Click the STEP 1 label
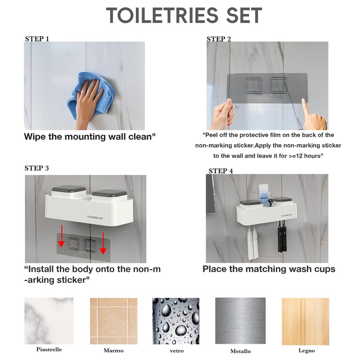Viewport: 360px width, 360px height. [x=37, y=39]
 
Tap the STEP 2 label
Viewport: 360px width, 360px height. [x=219, y=39]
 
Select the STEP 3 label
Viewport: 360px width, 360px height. [x=37, y=168]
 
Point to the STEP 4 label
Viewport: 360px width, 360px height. [x=220, y=171]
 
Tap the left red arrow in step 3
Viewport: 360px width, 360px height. [x=61, y=236]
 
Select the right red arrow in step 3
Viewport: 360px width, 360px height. [x=103, y=243]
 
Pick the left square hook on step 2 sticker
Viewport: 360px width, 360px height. [x=254, y=85]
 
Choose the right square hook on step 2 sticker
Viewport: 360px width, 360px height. [x=279, y=85]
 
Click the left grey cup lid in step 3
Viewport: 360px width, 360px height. [x=69, y=189]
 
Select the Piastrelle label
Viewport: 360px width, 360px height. [x=49, y=350]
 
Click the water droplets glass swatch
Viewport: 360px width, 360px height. [x=176, y=321]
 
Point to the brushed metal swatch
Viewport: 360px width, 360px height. [x=240, y=321]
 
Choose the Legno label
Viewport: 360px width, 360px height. [x=306, y=351]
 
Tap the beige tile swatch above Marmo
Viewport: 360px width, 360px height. [x=114, y=321]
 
